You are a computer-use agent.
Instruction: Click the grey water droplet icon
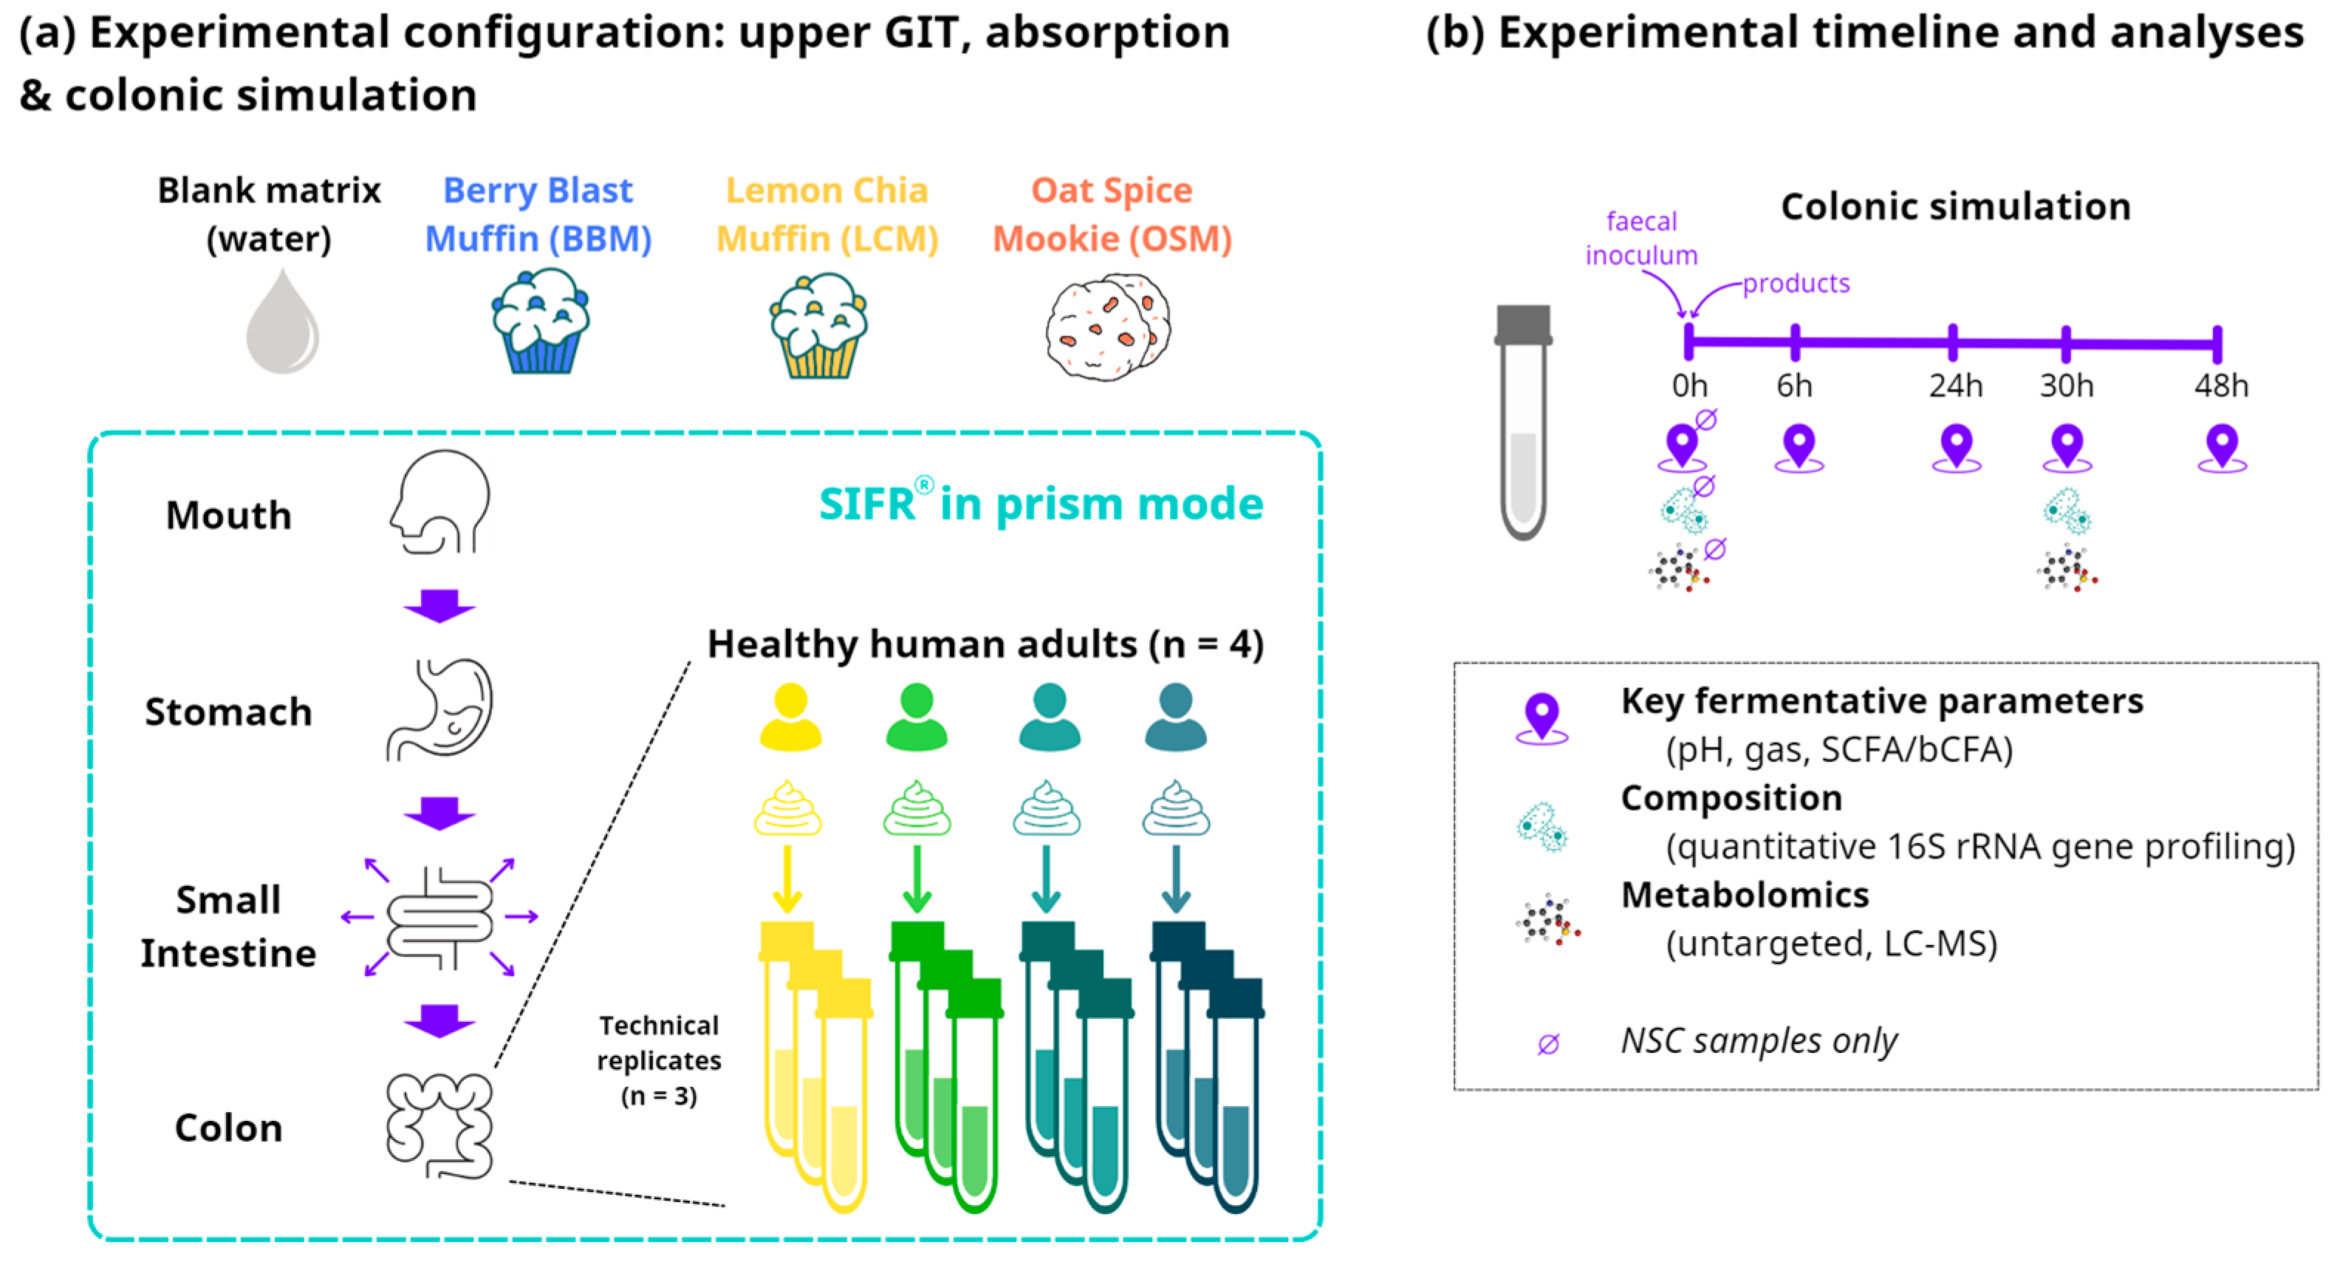point(282,323)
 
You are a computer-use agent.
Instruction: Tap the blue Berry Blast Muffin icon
point(540,323)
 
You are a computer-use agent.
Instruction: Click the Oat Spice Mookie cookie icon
point(1107,326)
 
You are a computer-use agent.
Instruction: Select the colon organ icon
point(440,1125)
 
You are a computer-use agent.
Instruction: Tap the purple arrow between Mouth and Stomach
point(439,605)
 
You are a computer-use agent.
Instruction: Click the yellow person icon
point(790,716)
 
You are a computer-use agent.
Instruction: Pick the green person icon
point(917,716)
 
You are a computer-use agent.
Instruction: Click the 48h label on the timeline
point(2221,386)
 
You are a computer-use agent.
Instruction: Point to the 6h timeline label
point(1794,386)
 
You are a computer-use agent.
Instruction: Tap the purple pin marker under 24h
point(1956,447)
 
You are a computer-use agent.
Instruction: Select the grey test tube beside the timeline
point(1523,421)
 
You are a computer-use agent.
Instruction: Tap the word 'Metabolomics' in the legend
point(1744,896)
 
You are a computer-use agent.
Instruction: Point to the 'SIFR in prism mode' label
point(1040,503)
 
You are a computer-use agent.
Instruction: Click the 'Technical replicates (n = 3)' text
point(659,1060)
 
